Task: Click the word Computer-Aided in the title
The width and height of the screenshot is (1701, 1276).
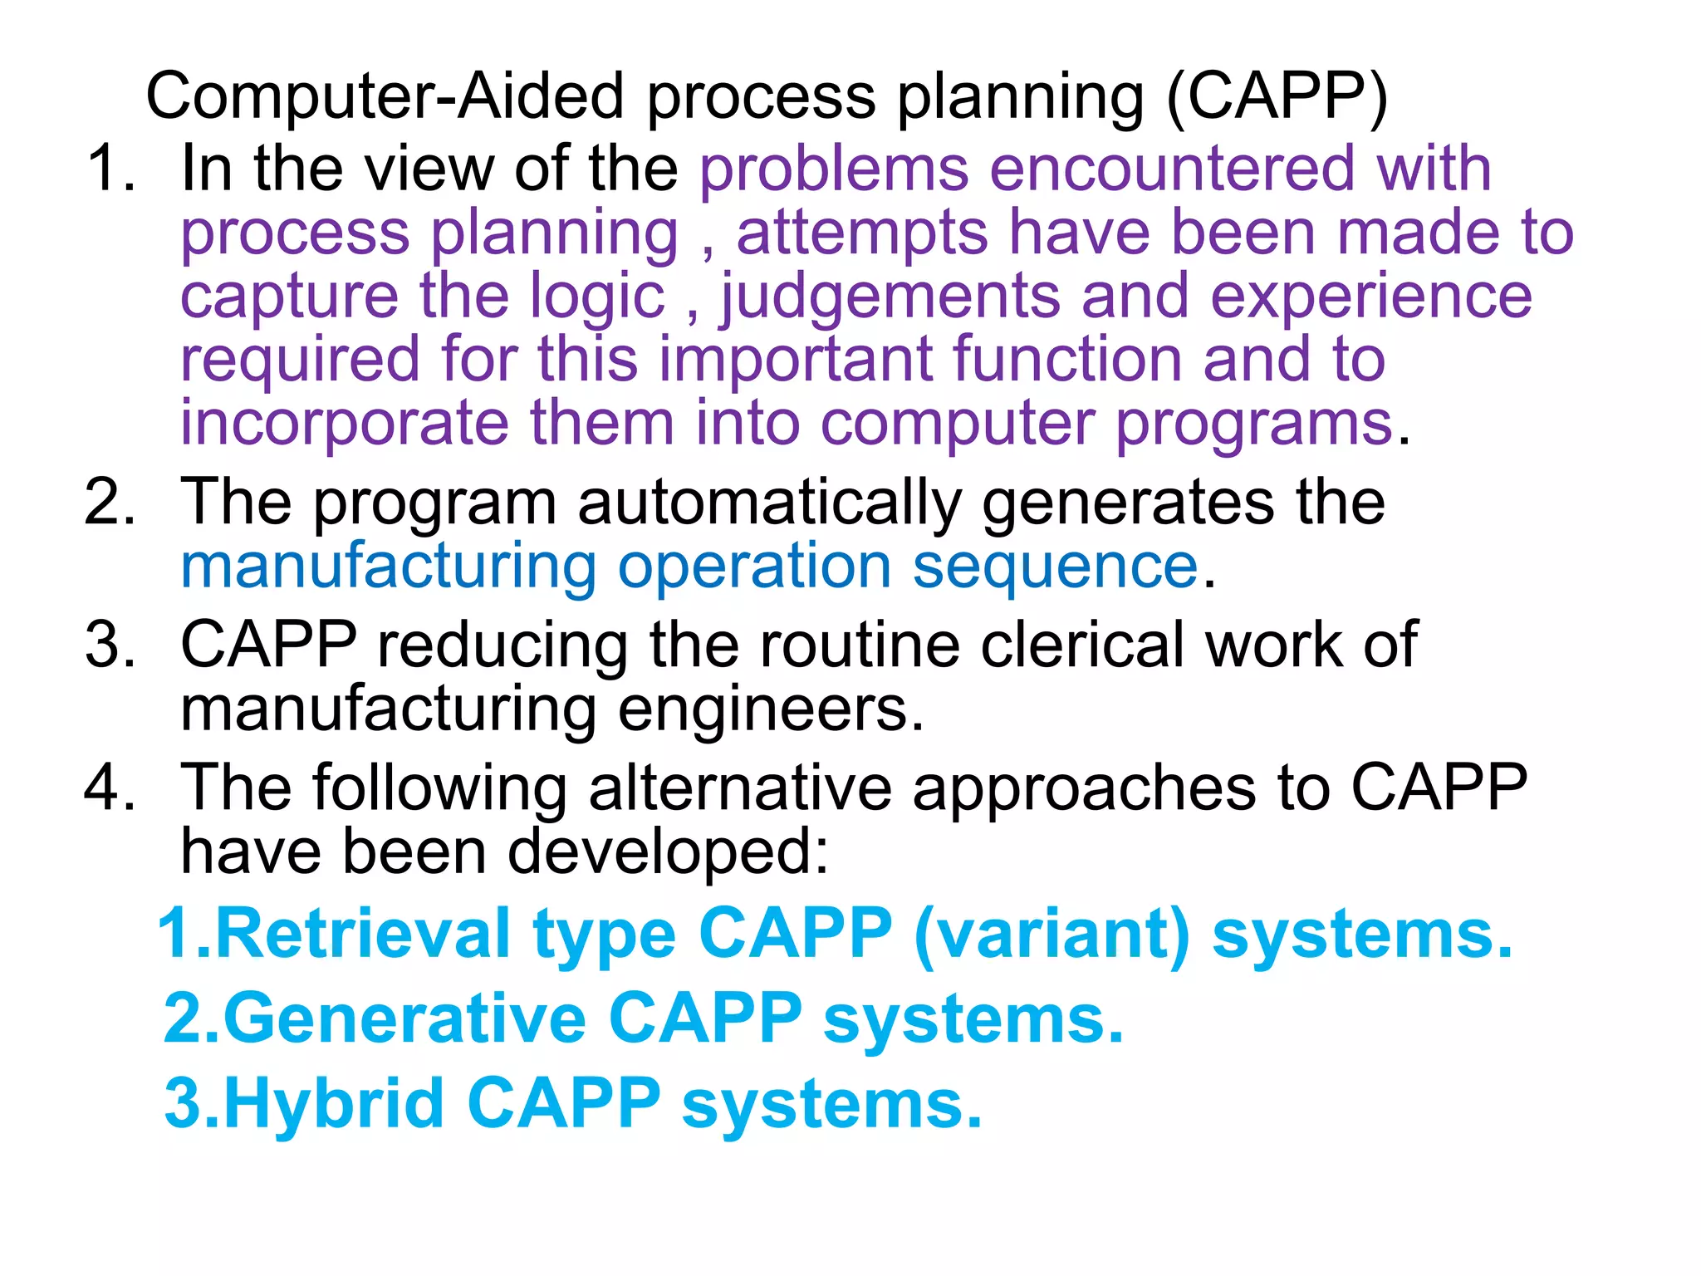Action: click(x=385, y=97)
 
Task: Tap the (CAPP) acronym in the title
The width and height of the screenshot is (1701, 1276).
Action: click(x=1277, y=97)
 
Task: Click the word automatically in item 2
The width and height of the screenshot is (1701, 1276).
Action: click(x=769, y=503)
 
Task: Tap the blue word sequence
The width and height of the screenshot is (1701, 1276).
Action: click(x=1055, y=567)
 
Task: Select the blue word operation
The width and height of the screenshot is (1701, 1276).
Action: click(x=754, y=567)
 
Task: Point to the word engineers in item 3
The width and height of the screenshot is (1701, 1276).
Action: click(x=770, y=710)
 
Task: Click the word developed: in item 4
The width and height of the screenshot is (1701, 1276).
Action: click(x=668, y=852)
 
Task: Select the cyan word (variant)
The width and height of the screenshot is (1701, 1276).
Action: click(x=1052, y=934)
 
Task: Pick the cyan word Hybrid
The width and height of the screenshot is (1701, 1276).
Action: click(x=334, y=1103)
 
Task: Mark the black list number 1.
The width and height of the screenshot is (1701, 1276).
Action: click(x=108, y=169)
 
